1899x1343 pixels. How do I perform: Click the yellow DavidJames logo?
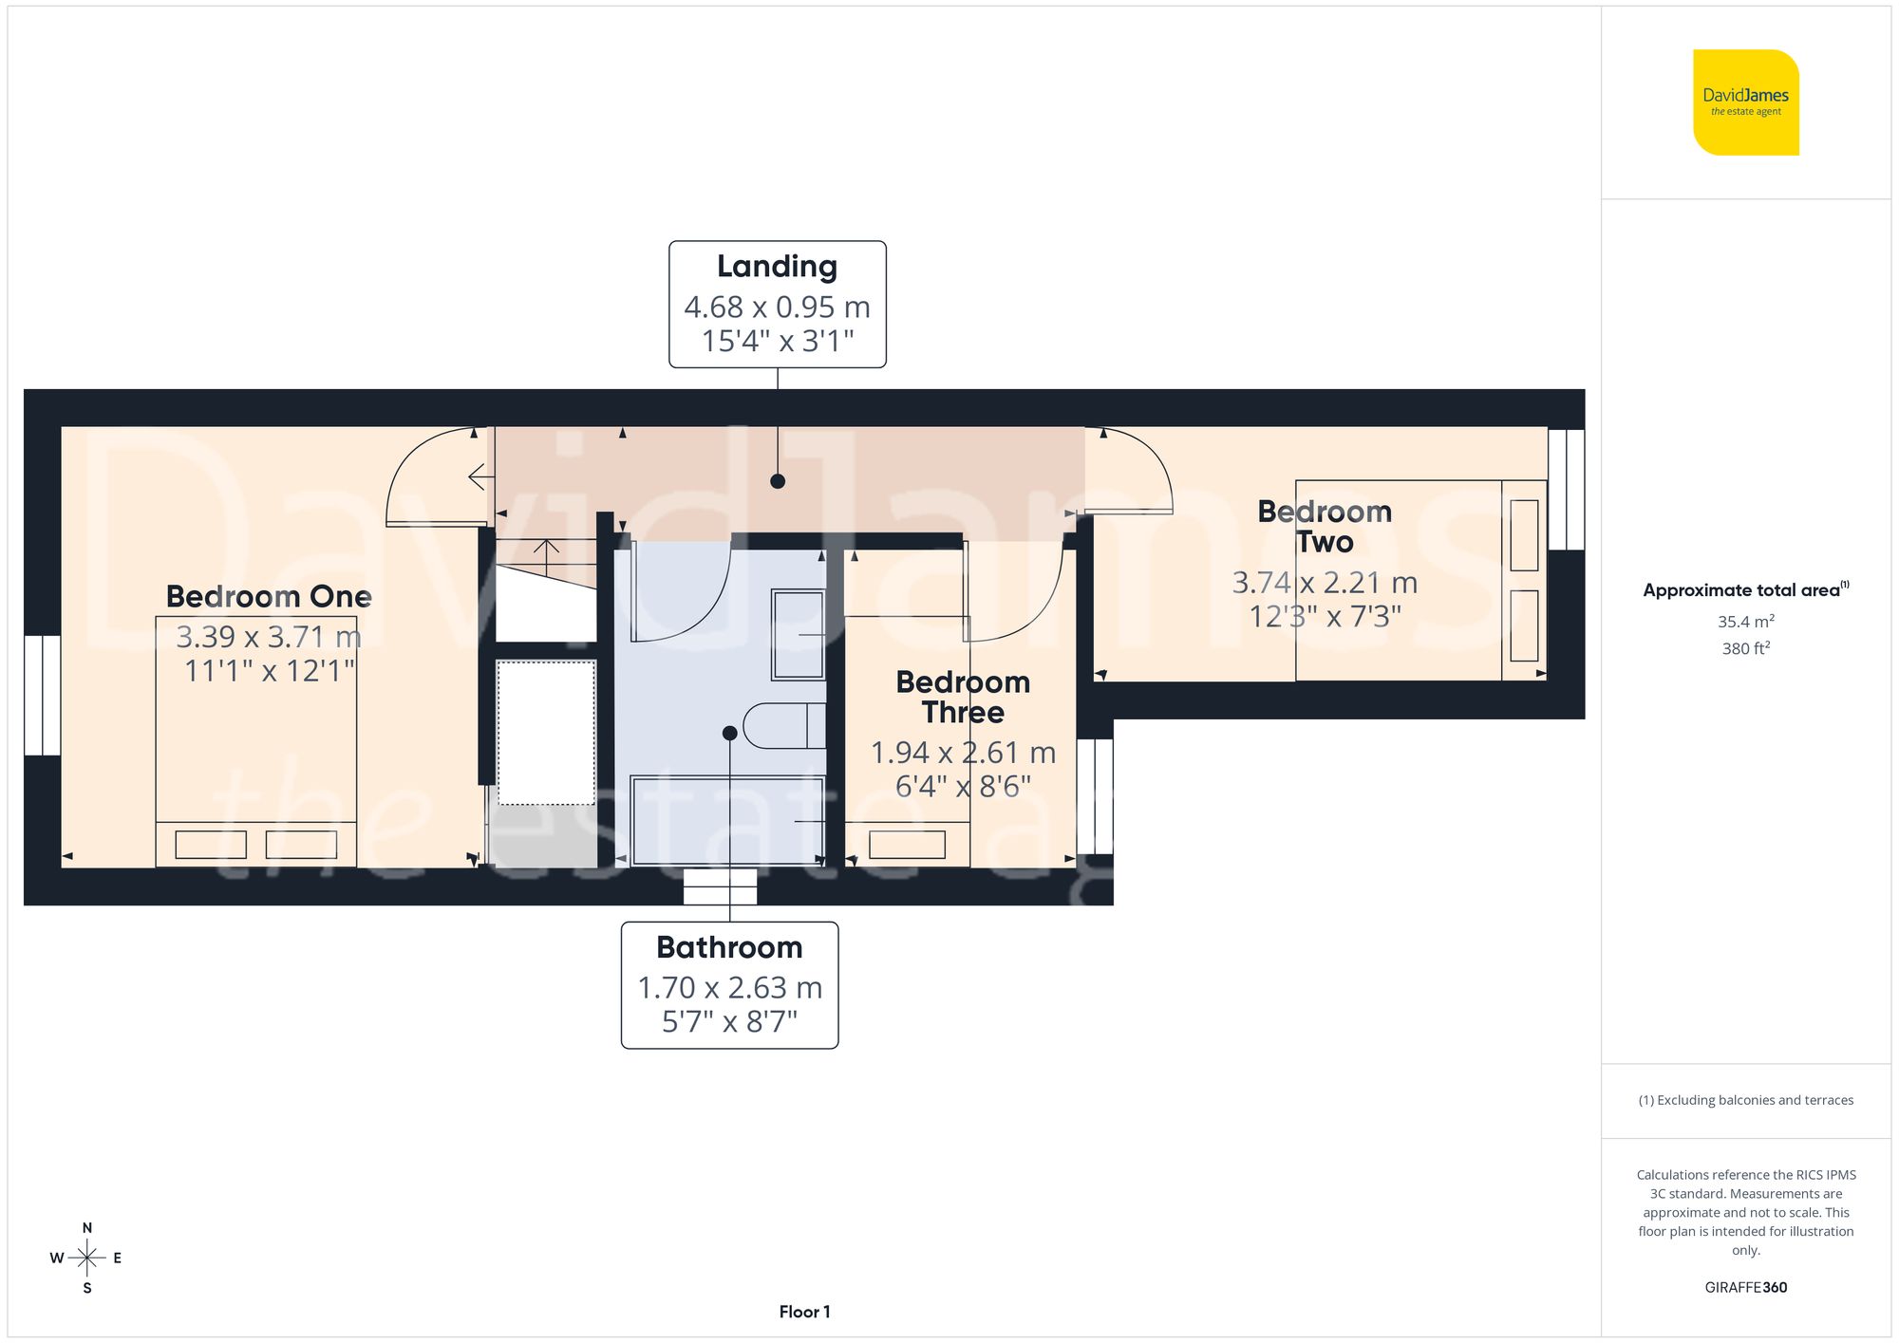[x=1745, y=103]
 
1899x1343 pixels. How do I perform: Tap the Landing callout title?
[x=777, y=267]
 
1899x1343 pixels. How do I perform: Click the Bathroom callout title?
[x=729, y=947]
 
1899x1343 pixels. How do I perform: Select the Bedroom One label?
[x=269, y=596]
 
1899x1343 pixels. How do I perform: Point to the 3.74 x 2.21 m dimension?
[x=1325, y=582]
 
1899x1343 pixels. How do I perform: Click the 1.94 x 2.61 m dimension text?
[x=963, y=753]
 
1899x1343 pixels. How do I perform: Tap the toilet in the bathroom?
[x=783, y=726]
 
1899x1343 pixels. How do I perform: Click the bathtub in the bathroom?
[x=727, y=820]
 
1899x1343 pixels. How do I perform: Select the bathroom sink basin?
[x=798, y=634]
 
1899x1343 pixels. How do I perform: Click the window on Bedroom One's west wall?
[x=42, y=695]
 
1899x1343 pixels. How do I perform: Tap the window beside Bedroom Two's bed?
[x=1566, y=490]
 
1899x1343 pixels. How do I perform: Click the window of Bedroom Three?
[x=1094, y=796]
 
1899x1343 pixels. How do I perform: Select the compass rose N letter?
[x=87, y=1227]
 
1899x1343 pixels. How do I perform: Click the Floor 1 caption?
[x=804, y=1312]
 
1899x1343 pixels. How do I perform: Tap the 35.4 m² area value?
[x=1745, y=622]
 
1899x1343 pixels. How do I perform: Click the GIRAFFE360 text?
[x=1745, y=1287]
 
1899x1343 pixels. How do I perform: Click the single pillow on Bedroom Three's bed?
[x=907, y=845]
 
